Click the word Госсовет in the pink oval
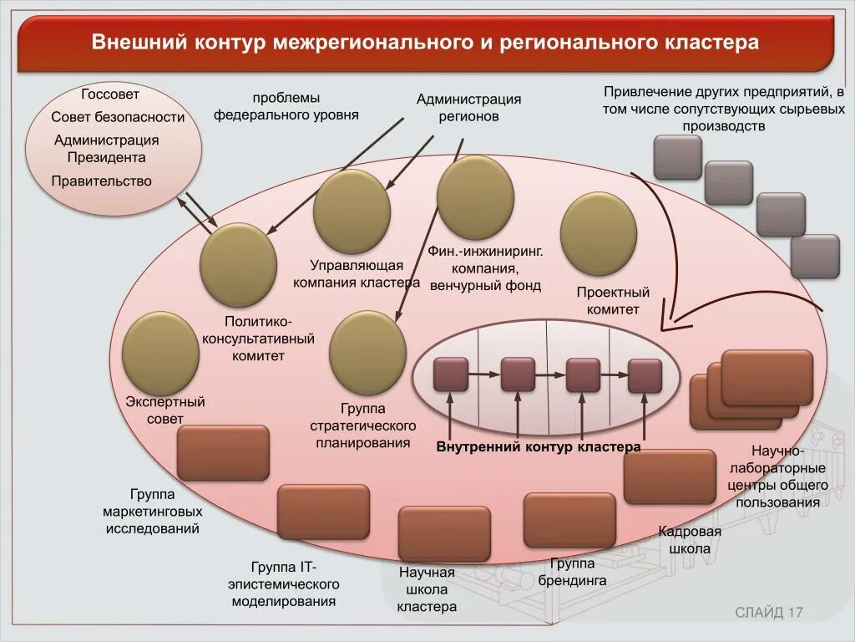coord(110,94)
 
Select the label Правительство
coord(101,181)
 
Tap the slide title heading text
coord(425,43)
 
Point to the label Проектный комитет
coord(613,301)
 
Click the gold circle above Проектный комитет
coord(598,234)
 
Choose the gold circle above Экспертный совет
coord(160,352)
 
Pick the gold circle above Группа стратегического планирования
coord(367,352)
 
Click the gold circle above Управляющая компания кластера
coord(352,211)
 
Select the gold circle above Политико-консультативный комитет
coord(238,265)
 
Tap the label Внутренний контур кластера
coord(539,447)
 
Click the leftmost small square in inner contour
coord(451,374)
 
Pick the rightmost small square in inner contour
coord(645,375)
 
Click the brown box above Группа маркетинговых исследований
coord(223,453)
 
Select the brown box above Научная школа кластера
coord(443,533)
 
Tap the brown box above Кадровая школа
coord(670,476)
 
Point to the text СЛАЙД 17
coord(768,613)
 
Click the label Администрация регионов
coord(468,108)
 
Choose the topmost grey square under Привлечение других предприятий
coord(677,157)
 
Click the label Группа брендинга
coord(572,573)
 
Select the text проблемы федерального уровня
coord(286,106)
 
